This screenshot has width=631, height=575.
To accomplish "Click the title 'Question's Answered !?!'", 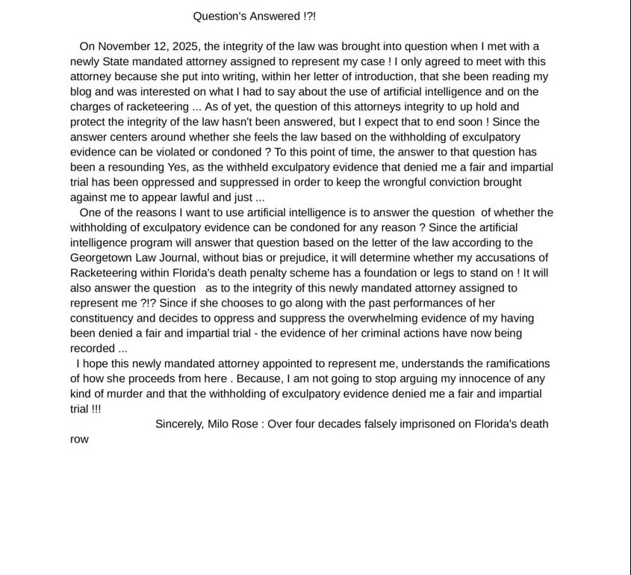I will tap(254, 16).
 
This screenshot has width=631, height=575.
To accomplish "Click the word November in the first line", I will tap(125, 46).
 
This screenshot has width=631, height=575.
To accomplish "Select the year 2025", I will tap(184, 46).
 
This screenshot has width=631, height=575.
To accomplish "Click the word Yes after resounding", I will tap(178, 167).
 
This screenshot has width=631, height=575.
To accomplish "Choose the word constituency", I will tap(102, 319).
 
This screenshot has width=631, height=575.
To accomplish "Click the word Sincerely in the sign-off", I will tap(179, 424).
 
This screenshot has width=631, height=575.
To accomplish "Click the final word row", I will tap(79, 440).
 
